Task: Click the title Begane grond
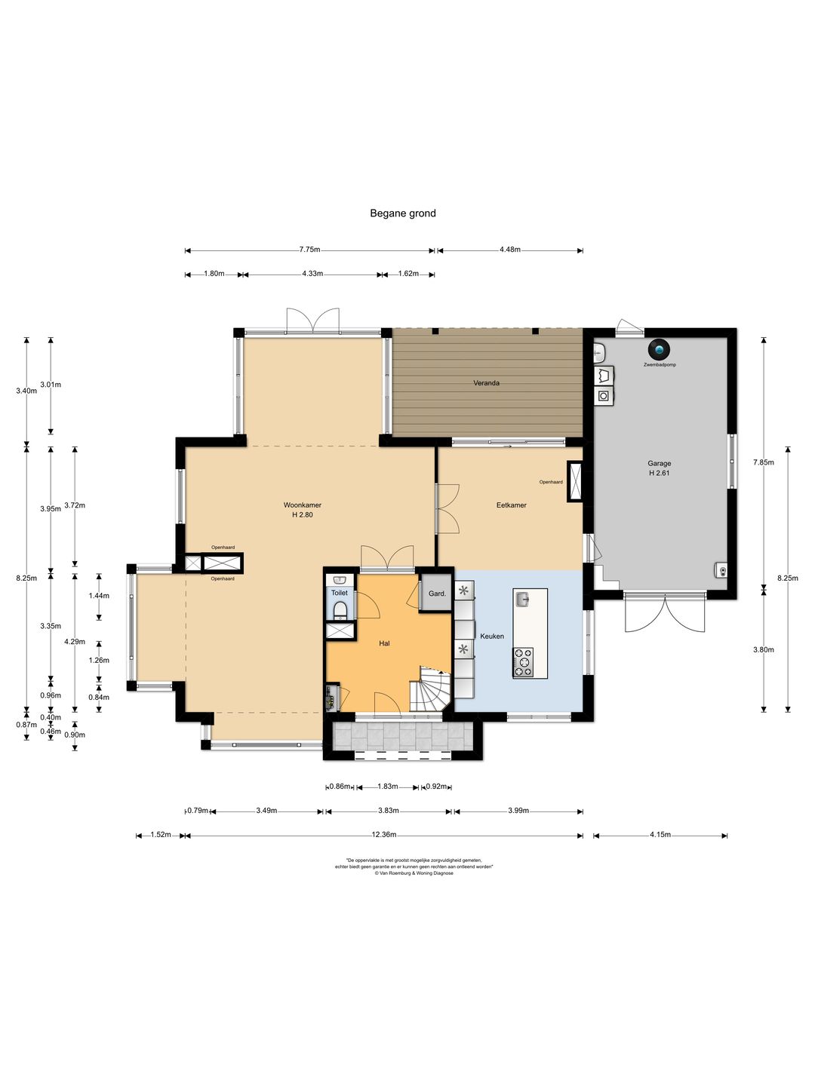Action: (403, 213)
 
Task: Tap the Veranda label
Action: (486, 383)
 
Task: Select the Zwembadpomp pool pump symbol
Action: (659, 349)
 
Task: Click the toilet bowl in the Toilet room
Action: (340, 611)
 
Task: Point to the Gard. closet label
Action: (437, 594)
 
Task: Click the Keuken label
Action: (492, 637)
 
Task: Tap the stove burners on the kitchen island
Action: (522, 662)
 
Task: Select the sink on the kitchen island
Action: (521, 599)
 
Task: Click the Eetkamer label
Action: (511, 505)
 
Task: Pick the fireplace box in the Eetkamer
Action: (575, 482)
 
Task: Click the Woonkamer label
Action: (303, 505)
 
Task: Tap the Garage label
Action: (659, 464)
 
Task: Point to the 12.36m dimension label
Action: (384, 835)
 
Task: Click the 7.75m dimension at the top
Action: (309, 250)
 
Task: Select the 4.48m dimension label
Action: (509, 250)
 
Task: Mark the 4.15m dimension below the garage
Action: (660, 835)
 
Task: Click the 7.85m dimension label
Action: (763, 462)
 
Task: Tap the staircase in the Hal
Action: (430, 689)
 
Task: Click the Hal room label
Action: (384, 644)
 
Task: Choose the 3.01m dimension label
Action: (51, 385)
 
